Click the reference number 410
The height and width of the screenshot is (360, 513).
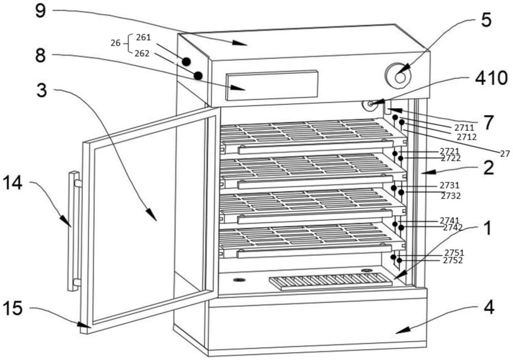click(491, 78)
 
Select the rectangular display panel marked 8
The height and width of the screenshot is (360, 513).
click(271, 85)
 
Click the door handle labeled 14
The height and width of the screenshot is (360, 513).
click(74, 231)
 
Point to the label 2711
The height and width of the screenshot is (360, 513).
click(464, 127)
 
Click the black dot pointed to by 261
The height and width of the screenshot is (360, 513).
click(186, 61)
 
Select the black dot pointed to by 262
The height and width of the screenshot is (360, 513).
click(198, 75)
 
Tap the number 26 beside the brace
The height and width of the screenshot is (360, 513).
click(115, 43)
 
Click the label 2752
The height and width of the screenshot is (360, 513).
click(453, 261)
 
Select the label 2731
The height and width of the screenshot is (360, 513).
click(449, 186)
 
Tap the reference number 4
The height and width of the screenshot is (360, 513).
click(489, 308)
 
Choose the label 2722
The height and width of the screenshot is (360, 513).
click(451, 158)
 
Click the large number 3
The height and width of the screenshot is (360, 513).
click(42, 90)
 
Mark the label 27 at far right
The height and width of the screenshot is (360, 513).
click(505, 153)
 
